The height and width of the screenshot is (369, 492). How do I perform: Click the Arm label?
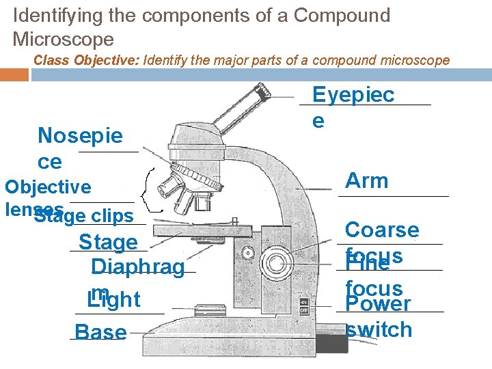tap(367, 181)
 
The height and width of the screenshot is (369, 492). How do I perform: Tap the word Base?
tap(100, 333)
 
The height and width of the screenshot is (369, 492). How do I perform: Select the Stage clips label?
tap(83, 217)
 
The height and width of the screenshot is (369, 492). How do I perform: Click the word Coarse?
tap(382, 230)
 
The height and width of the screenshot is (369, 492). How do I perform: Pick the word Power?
tap(379, 304)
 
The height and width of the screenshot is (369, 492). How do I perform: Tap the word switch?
tap(379, 330)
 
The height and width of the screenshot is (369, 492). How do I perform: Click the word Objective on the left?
tap(48, 187)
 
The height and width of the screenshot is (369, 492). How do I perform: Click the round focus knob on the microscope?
tap(277, 262)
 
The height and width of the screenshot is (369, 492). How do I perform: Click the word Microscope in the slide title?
tap(63, 39)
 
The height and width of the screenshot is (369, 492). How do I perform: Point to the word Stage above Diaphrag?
tap(108, 242)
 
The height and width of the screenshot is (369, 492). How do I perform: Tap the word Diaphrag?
tap(137, 267)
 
